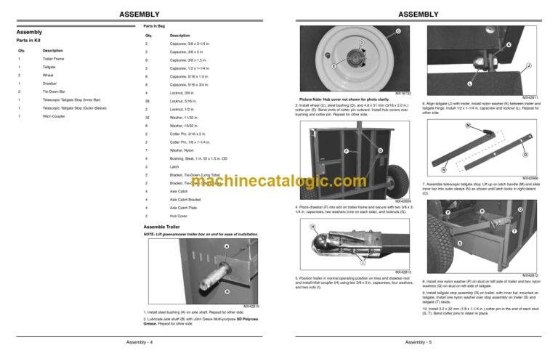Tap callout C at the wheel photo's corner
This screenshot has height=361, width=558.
click(x=398, y=31)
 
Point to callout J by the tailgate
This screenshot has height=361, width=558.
click(x=527, y=65)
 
